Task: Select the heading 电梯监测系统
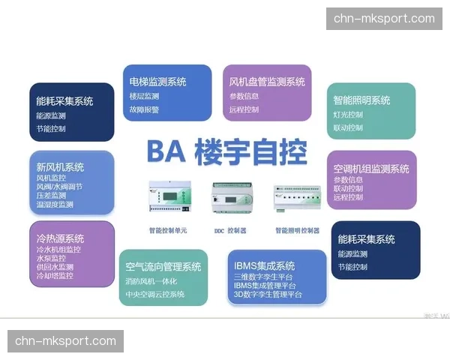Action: pyautogui.click(x=157, y=82)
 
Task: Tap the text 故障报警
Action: pyautogui.click(x=144, y=109)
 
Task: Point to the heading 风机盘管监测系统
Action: pyautogui.click(x=267, y=82)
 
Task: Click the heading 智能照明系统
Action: pyautogui.click(x=362, y=100)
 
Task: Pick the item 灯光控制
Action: pyautogui.click(x=349, y=115)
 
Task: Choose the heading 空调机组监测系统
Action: pyautogui.click(x=372, y=169)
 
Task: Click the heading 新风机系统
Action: pyautogui.click(x=60, y=166)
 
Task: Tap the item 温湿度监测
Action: pyautogui.click(x=55, y=204)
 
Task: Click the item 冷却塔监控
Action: pyautogui.click(x=55, y=275)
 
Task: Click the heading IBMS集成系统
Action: pyautogui.click(x=264, y=265)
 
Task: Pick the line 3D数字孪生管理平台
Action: pyautogui.click(x=268, y=295)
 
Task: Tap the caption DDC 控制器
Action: pyautogui.click(x=229, y=230)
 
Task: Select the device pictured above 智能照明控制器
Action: pyautogui.click(x=296, y=200)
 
